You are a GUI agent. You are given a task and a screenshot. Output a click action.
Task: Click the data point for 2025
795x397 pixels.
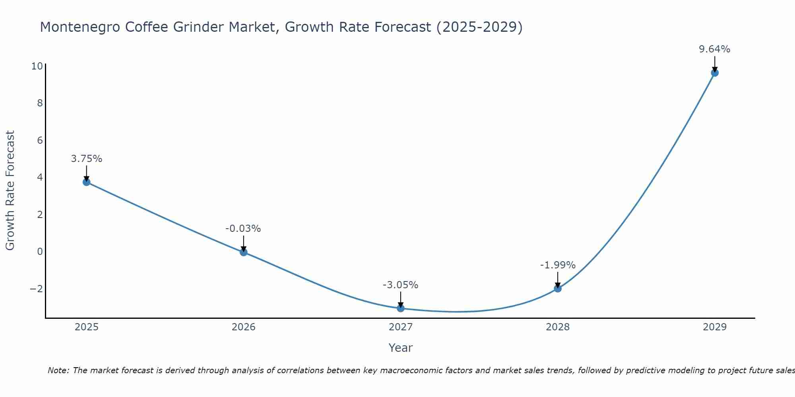[87, 182]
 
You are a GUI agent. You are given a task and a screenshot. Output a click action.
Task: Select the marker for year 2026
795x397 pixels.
[244, 252]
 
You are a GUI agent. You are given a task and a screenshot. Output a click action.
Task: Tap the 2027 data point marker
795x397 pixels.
[401, 308]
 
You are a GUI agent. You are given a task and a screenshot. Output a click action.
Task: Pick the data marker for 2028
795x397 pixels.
[558, 289]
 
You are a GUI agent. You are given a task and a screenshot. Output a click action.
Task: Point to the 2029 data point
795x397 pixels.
[715, 73]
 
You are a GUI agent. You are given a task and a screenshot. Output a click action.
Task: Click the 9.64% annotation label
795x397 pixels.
[715, 49]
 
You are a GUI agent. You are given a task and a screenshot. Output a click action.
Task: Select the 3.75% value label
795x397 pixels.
[87, 159]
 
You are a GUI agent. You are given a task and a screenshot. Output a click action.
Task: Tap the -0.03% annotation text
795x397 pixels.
[243, 229]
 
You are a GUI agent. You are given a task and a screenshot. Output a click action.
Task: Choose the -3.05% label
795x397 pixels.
[400, 285]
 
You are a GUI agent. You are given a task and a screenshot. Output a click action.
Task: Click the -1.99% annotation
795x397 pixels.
[558, 265]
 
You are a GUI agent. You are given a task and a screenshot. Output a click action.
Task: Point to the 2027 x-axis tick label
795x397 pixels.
[401, 327]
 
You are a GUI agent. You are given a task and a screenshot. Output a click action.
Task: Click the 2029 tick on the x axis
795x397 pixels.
[715, 327]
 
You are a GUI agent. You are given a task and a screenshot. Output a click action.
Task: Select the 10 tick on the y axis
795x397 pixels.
[37, 66]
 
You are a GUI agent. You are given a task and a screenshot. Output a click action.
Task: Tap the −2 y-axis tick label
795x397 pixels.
[36, 289]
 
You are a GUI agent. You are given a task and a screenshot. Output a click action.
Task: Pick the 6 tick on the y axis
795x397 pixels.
[40, 140]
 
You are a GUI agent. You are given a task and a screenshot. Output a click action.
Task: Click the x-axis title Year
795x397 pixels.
[401, 348]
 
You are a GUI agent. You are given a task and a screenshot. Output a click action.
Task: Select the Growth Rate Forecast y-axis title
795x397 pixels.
[10, 191]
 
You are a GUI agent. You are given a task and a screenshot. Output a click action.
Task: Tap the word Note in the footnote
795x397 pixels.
[58, 370]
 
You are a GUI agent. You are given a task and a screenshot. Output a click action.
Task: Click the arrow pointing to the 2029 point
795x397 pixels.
[715, 64]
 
